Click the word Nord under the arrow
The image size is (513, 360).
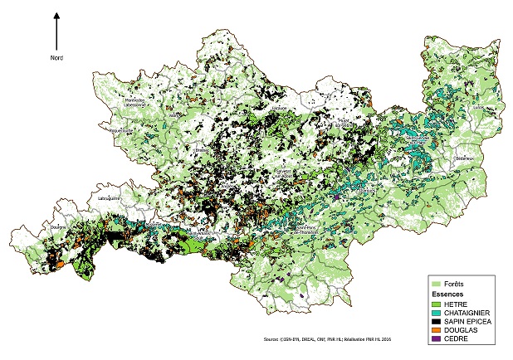coord(56,57)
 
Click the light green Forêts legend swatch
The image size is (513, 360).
coord(435,284)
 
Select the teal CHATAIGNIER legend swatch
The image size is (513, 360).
coord(435,312)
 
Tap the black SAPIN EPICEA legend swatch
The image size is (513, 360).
coord(435,320)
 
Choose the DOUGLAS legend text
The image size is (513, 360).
coord(459,328)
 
